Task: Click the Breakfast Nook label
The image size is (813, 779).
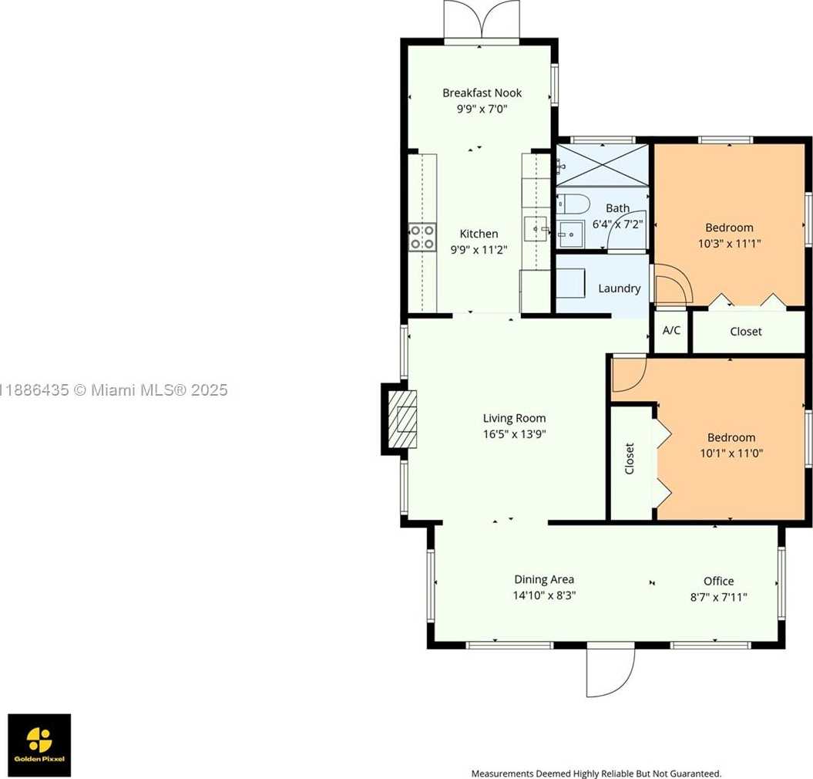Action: coord(482,93)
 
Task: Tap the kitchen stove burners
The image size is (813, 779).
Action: coord(422,238)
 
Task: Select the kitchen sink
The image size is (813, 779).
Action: coord(536,229)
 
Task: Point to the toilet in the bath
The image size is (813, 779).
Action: coord(573,204)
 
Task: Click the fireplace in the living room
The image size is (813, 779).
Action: coord(400,420)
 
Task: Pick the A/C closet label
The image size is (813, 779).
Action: coord(671,330)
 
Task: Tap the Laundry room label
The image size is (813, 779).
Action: coord(619,288)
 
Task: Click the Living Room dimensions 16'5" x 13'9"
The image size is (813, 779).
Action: coord(514,434)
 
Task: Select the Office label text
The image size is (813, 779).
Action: coord(719,581)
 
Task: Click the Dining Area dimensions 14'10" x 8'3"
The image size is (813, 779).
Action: coord(544,595)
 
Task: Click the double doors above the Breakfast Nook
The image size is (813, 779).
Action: coord(482,19)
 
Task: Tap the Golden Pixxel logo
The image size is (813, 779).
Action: coord(39,745)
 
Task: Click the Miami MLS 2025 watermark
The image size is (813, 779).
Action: coord(113,389)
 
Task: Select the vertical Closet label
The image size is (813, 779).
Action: coord(630,458)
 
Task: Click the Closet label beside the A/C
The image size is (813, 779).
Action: coord(746,331)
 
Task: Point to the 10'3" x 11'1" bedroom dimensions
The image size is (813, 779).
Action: coord(730,244)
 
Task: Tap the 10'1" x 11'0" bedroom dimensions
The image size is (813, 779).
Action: coord(731,453)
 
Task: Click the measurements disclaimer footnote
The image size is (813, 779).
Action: coord(596,774)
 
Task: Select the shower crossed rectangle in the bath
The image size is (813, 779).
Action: coord(603,165)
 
